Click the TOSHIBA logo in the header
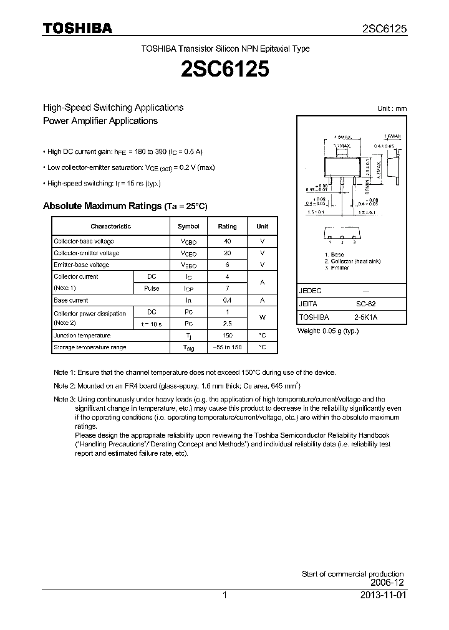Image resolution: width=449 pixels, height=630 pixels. (x=77, y=28)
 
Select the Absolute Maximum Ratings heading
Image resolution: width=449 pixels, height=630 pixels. (x=125, y=206)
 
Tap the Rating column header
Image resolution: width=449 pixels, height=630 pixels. (x=227, y=227)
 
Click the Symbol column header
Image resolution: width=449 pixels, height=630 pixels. (x=188, y=227)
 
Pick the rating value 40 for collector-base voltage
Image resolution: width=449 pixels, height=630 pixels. (x=227, y=242)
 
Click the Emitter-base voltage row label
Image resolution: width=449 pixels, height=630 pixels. (x=82, y=265)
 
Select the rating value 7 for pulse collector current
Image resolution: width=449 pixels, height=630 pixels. (x=227, y=288)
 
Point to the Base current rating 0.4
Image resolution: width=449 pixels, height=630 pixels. (x=227, y=300)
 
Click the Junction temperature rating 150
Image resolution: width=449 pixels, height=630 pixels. (x=227, y=336)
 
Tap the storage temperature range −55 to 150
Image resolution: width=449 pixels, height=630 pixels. (x=227, y=347)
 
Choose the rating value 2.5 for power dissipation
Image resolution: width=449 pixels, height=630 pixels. (x=227, y=324)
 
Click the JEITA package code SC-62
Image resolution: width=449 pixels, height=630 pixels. (x=365, y=304)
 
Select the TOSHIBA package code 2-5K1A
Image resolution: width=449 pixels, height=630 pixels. (x=365, y=317)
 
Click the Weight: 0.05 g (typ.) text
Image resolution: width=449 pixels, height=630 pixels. (x=328, y=331)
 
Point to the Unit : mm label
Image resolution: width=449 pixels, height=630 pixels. (x=392, y=108)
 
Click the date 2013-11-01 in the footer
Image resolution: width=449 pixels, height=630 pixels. (x=387, y=595)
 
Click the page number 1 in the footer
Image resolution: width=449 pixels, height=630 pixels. (x=224, y=595)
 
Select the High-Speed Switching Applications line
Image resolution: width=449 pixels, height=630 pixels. (x=113, y=107)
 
